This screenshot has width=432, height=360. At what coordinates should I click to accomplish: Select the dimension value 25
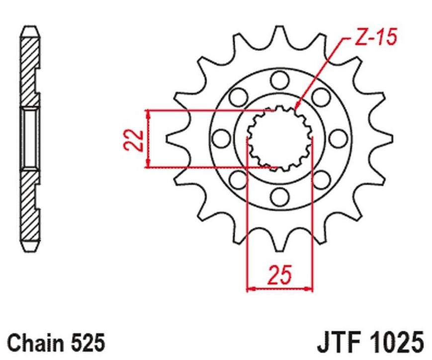pyautogui.click(x=280, y=275)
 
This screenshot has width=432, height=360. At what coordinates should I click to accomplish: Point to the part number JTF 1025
pyautogui.click(x=370, y=343)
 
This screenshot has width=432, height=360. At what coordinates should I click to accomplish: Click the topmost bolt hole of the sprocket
pyautogui.click(x=280, y=80)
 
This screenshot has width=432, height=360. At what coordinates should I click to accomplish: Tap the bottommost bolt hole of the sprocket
pyautogui.click(x=280, y=196)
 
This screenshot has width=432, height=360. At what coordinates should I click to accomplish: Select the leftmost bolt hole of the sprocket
pyautogui.click(x=222, y=138)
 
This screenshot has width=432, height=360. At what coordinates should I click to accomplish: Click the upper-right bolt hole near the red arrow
pyautogui.click(x=321, y=97)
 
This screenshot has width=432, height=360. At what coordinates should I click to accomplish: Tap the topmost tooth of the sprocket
pyautogui.click(x=279, y=36)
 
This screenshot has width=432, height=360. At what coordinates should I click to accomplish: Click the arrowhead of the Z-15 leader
pyautogui.click(x=297, y=106)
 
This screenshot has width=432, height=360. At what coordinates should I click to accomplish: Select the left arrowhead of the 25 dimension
pyautogui.click(x=251, y=289)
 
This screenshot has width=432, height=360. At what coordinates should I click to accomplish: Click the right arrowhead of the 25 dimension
pyautogui.click(x=309, y=289)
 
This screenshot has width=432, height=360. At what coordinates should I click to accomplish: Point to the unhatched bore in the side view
pyautogui.click(x=30, y=139)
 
